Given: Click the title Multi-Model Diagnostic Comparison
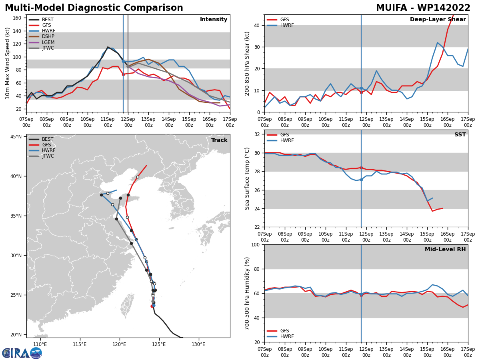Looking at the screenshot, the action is coord(94,8).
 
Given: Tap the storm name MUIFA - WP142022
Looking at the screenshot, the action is coord(423,8).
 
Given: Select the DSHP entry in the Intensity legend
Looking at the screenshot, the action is coord(42,36).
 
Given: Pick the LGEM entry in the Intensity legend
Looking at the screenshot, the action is coord(42,42).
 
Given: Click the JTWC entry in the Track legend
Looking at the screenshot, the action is coord(41,156).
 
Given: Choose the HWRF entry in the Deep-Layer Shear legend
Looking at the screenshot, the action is coord(280,25).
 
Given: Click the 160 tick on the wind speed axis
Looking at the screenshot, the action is coord(17,18).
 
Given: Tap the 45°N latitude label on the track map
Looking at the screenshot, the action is coord(16,137).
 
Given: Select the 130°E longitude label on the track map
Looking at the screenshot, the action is coord(198,344).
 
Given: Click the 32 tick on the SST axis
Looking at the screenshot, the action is coord(256,134).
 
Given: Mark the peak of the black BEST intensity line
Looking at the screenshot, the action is coord(108,47).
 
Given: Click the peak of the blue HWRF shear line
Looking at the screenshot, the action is coord(437,43).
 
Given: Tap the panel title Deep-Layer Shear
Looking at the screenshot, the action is coord(438,19).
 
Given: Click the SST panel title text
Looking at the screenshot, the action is coord(460,134).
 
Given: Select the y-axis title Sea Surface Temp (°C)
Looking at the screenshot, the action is coord(247,178).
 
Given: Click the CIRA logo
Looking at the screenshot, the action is coord(22,353).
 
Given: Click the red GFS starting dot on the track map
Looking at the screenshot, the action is coord(152,306).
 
